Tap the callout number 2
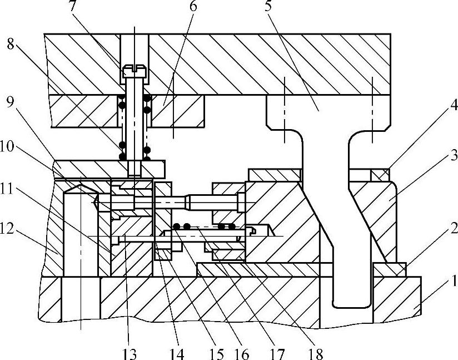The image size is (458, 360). coord(453,228)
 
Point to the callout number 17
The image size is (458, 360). coord(277,353)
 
